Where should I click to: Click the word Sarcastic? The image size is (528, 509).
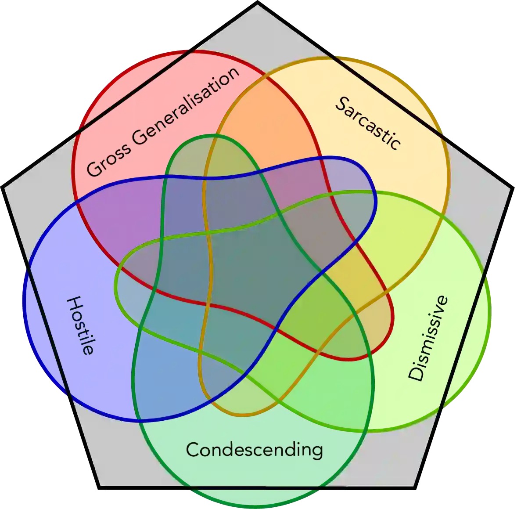click(368, 123)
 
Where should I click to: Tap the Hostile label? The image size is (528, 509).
click(80, 325)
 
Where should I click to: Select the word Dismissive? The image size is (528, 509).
click(428, 339)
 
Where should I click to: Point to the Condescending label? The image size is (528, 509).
click(255, 450)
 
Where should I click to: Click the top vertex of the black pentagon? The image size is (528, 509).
click(257, 4)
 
